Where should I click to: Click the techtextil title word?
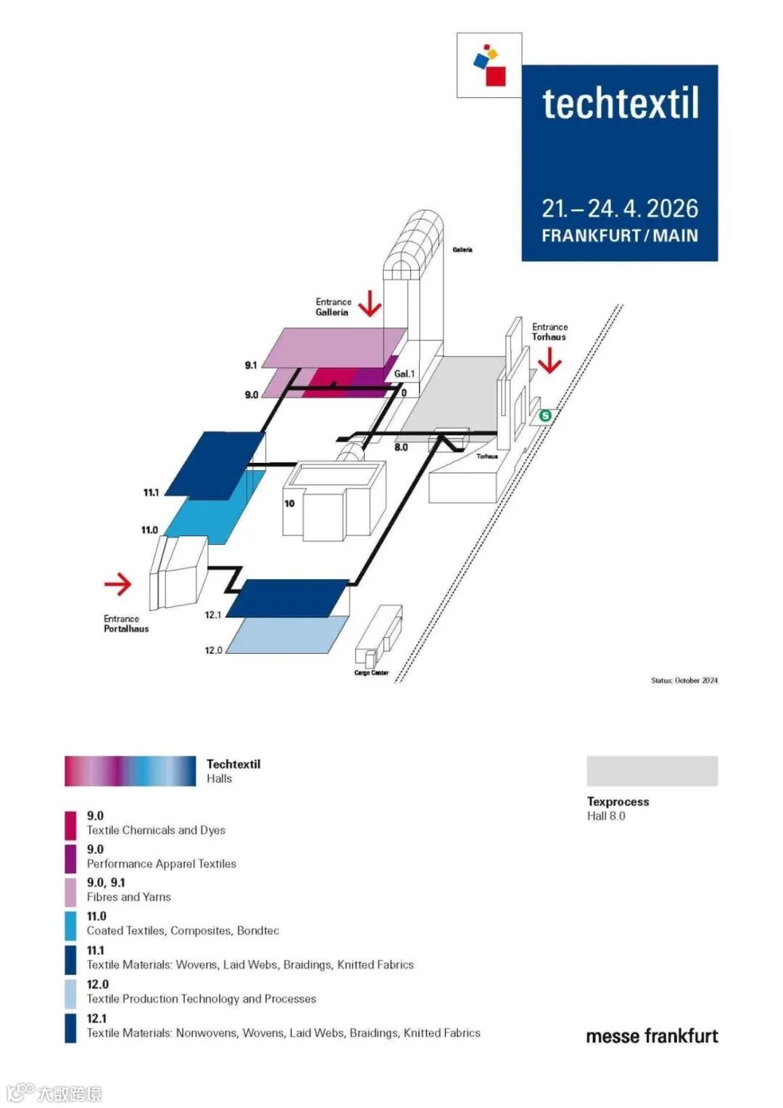coord(621,104)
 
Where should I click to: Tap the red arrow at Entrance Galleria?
coord(370,303)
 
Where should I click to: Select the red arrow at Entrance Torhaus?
coord(550,360)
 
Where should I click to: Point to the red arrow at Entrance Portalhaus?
coord(117,583)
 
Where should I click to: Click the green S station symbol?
coord(545,416)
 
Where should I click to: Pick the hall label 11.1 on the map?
coord(151,493)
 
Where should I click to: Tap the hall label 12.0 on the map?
coord(213,650)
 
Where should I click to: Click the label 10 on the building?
coord(289,503)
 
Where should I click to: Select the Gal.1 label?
coord(405,374)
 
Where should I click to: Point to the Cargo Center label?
coord(371,673)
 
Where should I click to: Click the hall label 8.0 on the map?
coord(401,447)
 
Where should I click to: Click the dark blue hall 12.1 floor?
coord(289,598)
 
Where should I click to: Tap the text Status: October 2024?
coord(684,681)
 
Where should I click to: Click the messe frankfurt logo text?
coord(652,1036)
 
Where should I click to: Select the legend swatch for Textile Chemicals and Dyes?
coord(70,825)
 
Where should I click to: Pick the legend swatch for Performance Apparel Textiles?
coord(70,858)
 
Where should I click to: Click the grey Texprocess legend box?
coord(652,771)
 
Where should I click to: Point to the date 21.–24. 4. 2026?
coord(620,209)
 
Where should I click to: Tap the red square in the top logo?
coord(496,75)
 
